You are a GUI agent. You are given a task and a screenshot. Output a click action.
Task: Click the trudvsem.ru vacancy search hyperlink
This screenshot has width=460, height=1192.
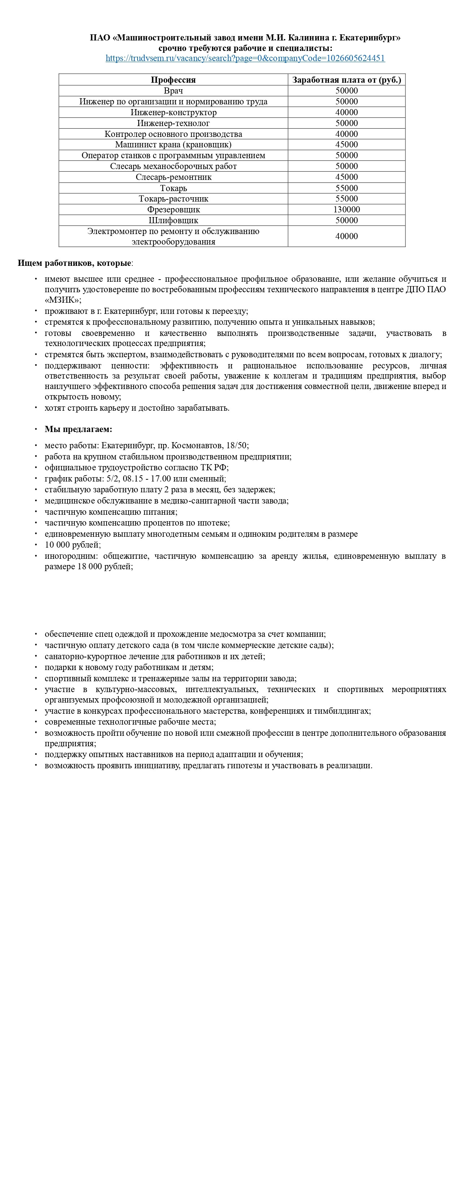[245, 58]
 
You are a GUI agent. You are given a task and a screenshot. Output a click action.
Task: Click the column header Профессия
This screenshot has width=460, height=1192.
[173, 79]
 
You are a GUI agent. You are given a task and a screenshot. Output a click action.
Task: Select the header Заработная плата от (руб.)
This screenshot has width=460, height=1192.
[346, 79]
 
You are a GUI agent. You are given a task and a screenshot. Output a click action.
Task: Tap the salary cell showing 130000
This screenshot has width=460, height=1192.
[346, 210]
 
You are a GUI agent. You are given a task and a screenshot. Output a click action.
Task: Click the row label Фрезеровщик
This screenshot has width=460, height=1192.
[173, 210]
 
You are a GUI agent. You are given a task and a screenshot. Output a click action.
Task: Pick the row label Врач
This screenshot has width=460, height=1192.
[173, 91]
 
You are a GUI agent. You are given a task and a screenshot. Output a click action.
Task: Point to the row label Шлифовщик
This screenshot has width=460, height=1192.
[173, 220]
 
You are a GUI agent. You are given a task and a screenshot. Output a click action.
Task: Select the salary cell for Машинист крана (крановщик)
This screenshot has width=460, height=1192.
[346, 144]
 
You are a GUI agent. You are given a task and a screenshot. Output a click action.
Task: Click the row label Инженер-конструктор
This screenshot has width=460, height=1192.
[173, 112]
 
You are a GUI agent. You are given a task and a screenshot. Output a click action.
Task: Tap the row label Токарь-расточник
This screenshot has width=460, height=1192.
[173, 199]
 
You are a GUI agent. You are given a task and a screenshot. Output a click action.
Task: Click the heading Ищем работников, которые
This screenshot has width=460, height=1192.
[74, 263]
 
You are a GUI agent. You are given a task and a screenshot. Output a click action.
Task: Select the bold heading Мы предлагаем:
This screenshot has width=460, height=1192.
[78, 429]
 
